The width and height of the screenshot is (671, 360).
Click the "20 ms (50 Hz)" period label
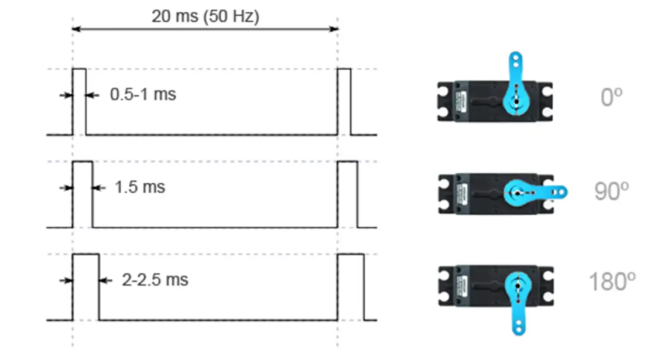pyautogui.click(x=206, y=17)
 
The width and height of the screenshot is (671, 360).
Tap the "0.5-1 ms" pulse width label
pyautogui.click(x=143, y=95)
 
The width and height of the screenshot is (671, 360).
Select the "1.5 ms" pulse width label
pyautogui.click(x=140, y=187)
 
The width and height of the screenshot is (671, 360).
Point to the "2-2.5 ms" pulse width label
pyautogui.click(x=155, y=280)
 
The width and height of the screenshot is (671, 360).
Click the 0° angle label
pyautogui.click(x=611, y=97)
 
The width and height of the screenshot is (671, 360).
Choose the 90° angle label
pyautogui.click(x=611, y=191)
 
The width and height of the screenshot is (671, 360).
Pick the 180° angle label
pyautogui.click(x=612, y=282)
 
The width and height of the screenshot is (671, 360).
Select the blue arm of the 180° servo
pyautogui.click(x=518, y=303)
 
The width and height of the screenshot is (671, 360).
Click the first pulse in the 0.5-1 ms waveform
pyautogui.click(x=79, y=102)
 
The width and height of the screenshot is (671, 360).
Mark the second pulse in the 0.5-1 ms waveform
pyautogui.click(x=344, y=102)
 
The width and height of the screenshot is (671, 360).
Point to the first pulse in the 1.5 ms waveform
pyautogui.click(x=83, y=194)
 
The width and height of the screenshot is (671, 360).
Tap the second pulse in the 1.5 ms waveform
pyautogui.click(x=347, y=194)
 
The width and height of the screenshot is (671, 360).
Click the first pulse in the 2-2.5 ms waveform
pyautogui.click(x=86, y=287)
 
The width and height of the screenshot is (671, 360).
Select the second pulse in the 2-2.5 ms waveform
pyautogui.click(x=351, y=287)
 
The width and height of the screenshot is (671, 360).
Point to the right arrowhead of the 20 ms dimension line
pyautogui.click(x=334, y=29)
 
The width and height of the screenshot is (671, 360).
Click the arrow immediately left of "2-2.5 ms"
pyautogui.click(x=106, y=281)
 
